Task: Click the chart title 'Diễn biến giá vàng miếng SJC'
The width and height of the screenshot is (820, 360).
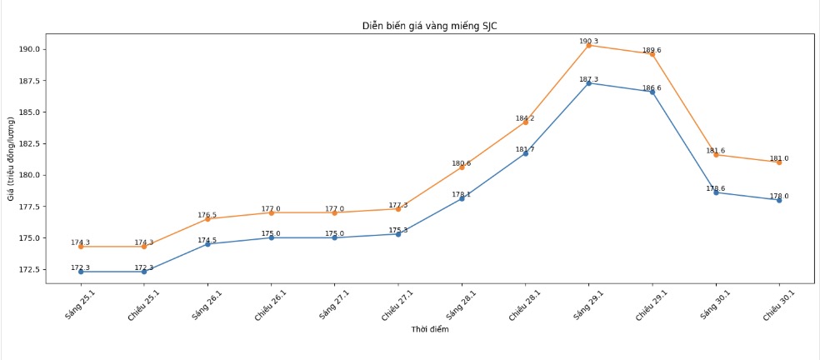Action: [x=429, y=26]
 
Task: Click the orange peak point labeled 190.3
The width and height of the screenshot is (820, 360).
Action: [x=588, y=45]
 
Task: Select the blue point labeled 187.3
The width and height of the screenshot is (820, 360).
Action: [x=588, y=83]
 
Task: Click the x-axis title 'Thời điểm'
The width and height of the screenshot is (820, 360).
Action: [x=429, y=330]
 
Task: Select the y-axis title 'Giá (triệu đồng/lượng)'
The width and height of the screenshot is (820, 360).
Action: [x=11, y=159]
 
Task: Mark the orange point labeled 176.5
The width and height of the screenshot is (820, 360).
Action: [x=207, y=218]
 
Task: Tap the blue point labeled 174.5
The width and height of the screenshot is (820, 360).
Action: [x=207, y=244]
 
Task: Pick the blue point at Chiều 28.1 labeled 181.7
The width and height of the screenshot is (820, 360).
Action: [x=525, y=153]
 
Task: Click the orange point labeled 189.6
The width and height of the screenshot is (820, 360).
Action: [x=652, y=54]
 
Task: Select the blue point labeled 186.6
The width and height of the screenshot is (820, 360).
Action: [x=652, y=92]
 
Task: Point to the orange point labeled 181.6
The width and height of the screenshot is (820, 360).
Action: [x=716, y=155]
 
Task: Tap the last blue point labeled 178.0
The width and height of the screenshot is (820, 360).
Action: [x=779, y=200]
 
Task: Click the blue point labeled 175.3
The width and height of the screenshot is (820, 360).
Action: [x=397, y=234]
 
